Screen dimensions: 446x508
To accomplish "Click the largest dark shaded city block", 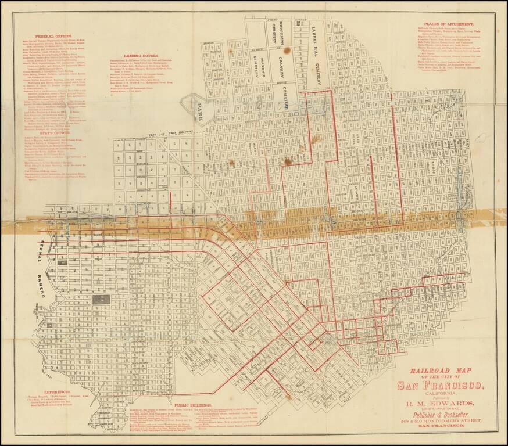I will click(x=101, y=300).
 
